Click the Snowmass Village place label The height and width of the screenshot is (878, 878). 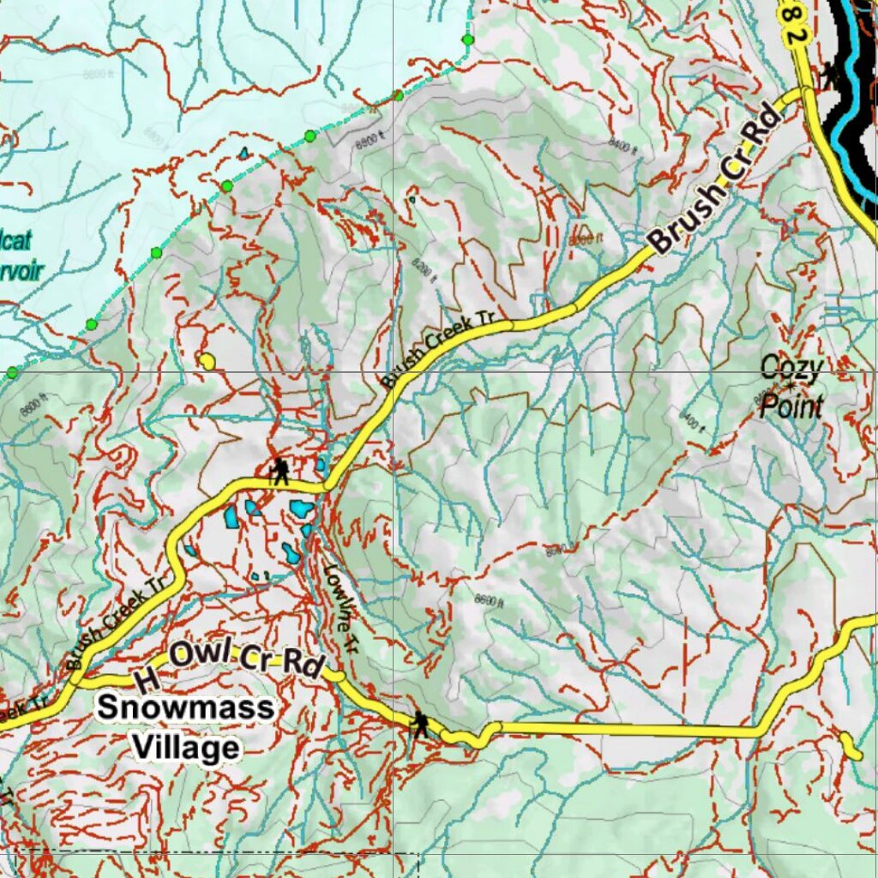(184, 727)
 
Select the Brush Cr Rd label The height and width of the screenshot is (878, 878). (712, 193)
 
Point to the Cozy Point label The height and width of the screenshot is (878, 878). (791, 387)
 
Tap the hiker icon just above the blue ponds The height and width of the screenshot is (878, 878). (280, 471)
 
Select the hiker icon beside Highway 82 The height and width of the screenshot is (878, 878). (829, 74)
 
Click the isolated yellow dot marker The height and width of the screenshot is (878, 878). (207, 361)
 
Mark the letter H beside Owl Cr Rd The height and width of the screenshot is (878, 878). (147, 680)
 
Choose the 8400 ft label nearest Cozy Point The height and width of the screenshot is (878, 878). (691, 419)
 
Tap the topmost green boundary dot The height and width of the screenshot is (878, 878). (467, 39)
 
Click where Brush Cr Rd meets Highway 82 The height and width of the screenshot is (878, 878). (806, 91)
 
